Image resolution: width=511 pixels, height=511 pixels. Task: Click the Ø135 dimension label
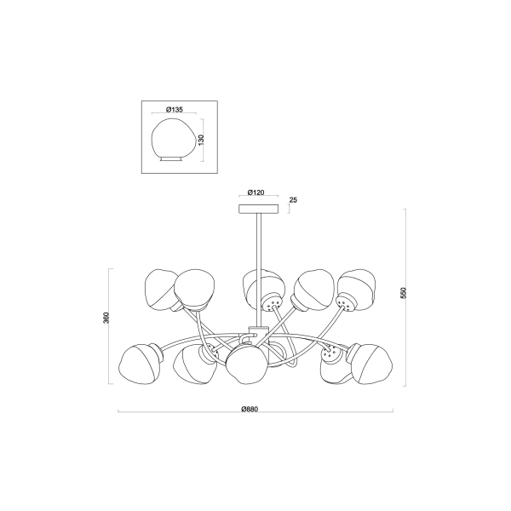(x=175, y=110)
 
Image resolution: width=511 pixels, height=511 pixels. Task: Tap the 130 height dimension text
(x=201, y=140)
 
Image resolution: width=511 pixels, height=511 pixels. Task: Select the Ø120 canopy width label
(x=255, y=192)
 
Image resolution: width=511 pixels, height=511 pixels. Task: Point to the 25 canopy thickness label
(x=293, y=200)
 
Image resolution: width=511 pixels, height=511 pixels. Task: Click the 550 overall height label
(x=404, y=293)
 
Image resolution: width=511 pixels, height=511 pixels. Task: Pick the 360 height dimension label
(x=106, y=318)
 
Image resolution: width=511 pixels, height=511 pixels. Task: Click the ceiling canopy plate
(x=259, y=209)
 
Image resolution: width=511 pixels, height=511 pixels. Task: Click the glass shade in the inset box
(x=175, y=139)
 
